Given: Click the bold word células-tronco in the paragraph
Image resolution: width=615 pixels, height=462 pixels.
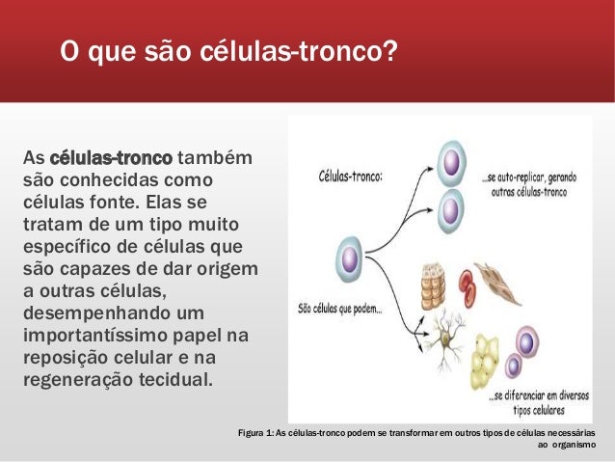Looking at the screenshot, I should [111, 156].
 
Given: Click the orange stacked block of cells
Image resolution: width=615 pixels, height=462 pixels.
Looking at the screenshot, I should [431, 285].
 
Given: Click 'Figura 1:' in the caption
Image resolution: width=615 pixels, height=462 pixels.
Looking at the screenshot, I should [254, 432].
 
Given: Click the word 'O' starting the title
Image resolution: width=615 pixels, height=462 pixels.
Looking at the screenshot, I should [68, 49].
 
